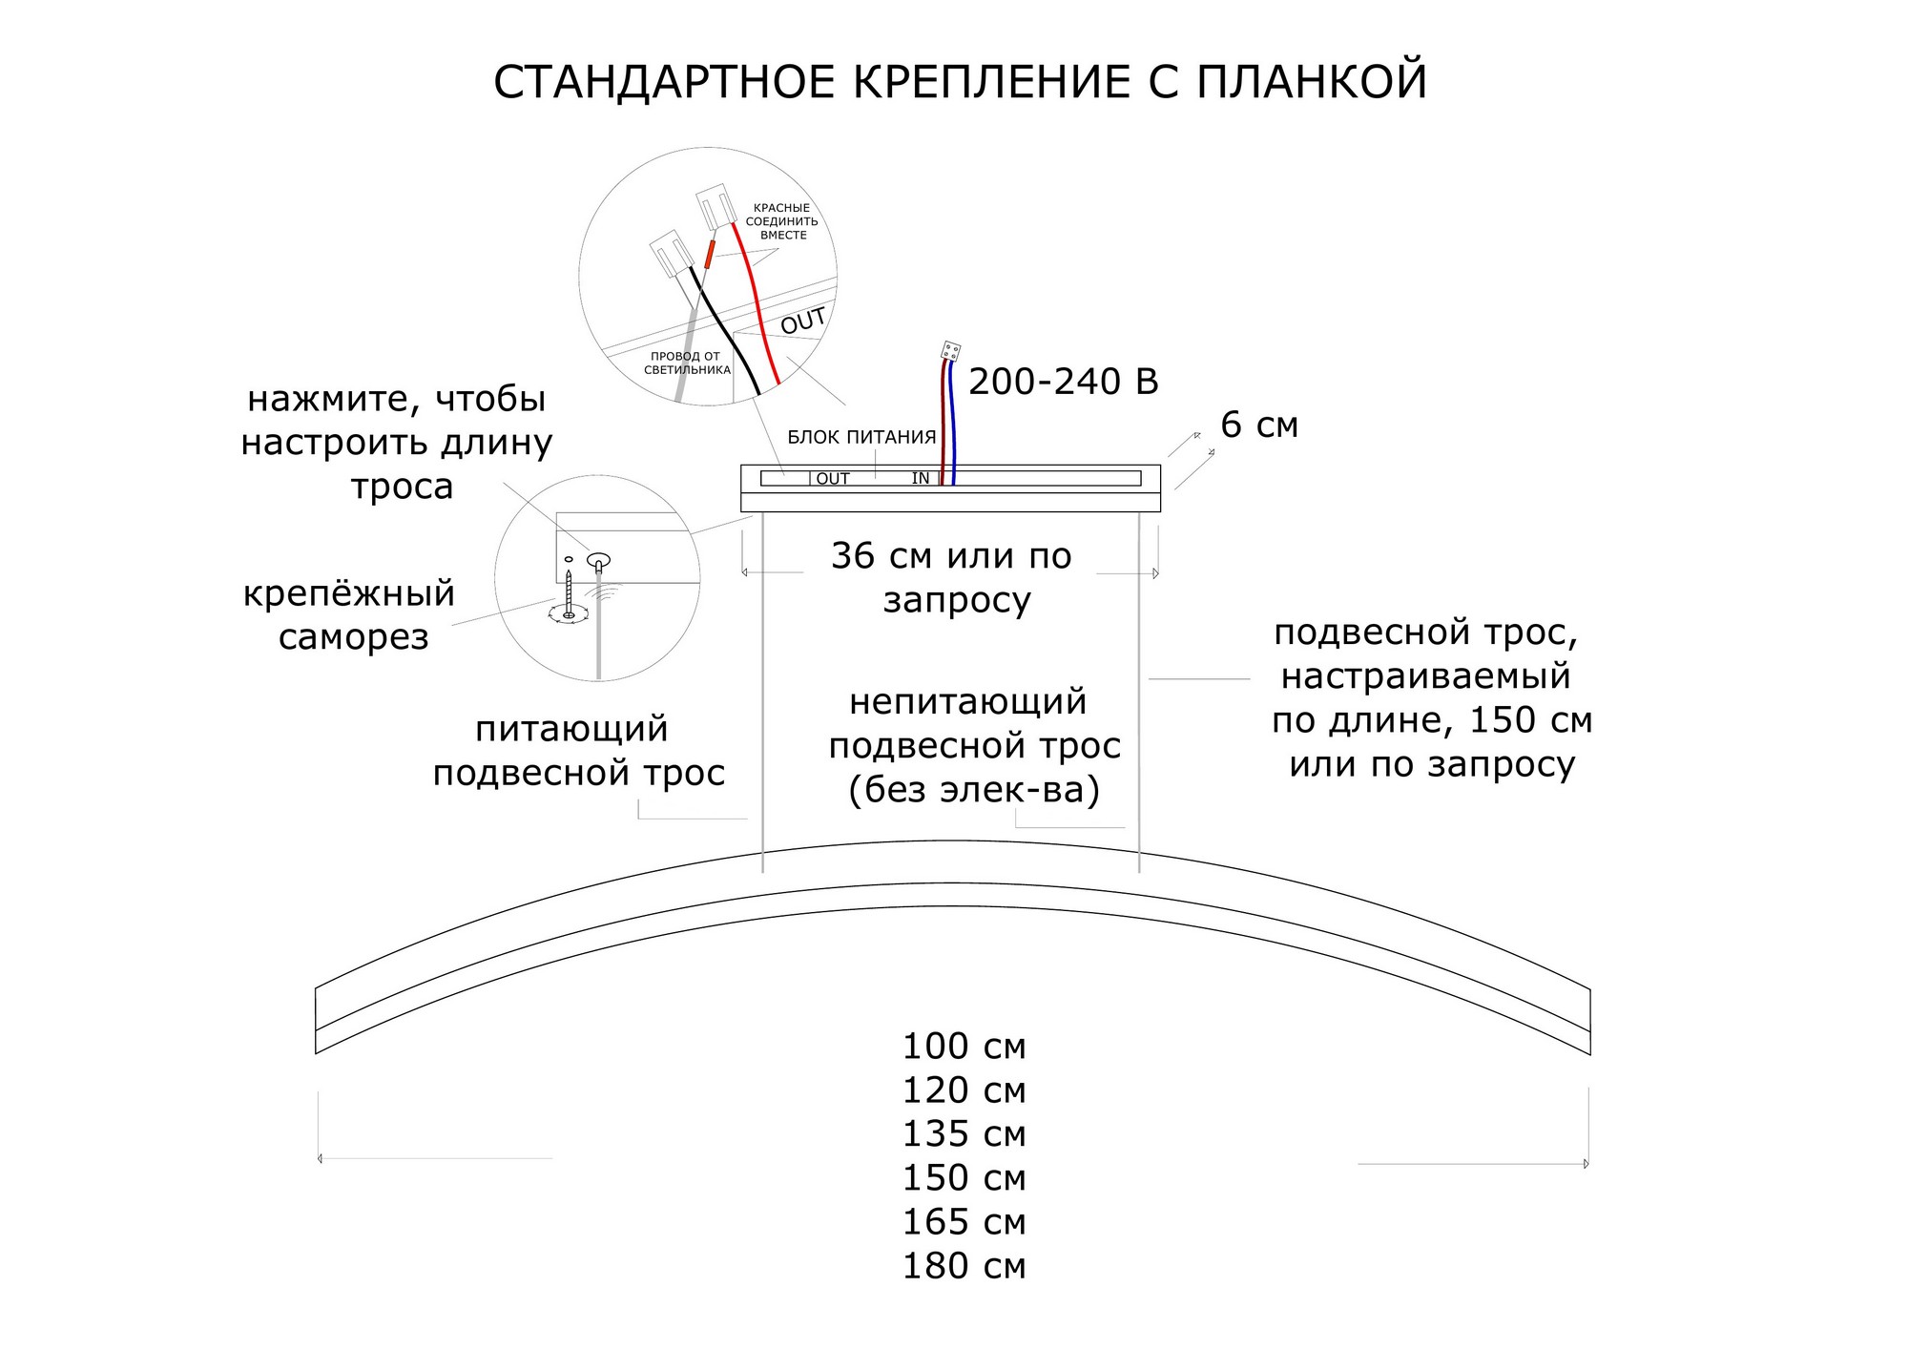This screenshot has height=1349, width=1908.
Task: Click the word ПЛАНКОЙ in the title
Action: [x=1311, y=82]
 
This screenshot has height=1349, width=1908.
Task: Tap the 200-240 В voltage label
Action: [x=1063, y=382]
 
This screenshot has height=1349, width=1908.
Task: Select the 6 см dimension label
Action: [x=1259, y=425]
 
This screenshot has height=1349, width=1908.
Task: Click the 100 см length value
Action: [x=964, y=1047]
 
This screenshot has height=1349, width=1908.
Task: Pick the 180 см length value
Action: [x=964, y=1266]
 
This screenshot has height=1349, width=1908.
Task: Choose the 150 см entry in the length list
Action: [x=964, y=1178]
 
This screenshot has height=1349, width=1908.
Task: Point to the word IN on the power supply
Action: [x=920, y=478]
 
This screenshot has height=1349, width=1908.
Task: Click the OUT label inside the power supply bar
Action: [x=832, y=479]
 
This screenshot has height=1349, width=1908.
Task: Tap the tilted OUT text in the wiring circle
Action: [x=802, y=322]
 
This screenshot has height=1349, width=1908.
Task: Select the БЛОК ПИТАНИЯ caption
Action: [x=861, y=438]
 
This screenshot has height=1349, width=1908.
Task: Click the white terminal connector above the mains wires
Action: [x=950, y=351]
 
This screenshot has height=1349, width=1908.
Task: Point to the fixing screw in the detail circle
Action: [x=569, y=596]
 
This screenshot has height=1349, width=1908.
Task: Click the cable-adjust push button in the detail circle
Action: [x=598, y=561]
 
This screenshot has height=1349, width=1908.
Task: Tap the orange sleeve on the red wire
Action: [x=708, y=254]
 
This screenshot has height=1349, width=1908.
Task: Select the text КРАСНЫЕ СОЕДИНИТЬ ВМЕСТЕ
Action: [x=781, y=221]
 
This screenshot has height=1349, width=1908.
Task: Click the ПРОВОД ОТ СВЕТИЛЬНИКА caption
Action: [x=686, y=363]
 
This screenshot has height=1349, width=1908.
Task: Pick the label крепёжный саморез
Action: [x=350, y=614]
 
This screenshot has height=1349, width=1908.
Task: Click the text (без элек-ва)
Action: [x=974, y=790]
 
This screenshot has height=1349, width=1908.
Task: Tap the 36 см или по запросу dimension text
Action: [x=952, y=577]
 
